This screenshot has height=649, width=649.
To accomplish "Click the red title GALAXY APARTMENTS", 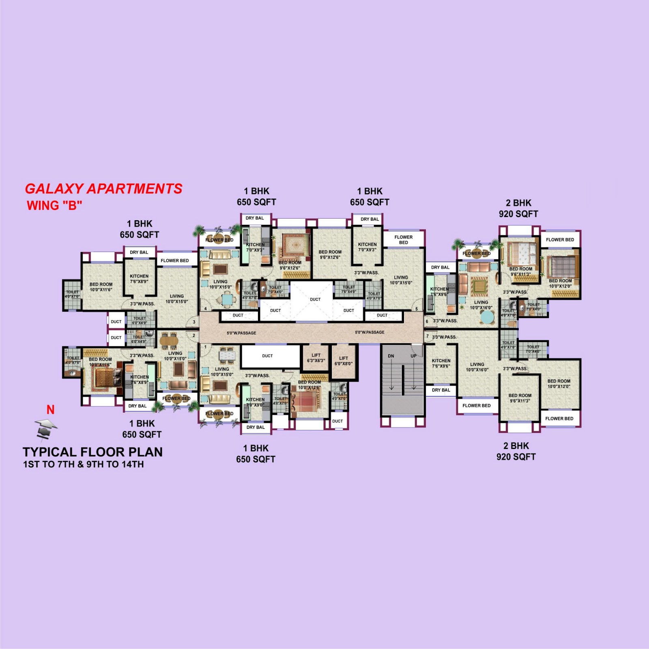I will pyautogui.click(x=103, y=189).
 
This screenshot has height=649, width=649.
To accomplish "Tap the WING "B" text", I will pyautogui.click(x=54, y=206).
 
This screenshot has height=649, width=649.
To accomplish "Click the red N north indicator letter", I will pyautogui.click(x=50, y=410).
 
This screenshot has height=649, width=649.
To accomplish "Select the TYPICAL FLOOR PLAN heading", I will pyautogui.click(x=92, y=452).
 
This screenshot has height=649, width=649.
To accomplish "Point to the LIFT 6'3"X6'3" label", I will pyautogui.click(x=316, y=358).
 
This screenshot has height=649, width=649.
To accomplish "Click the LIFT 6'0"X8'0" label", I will pyautogui.click(x=344, y=361).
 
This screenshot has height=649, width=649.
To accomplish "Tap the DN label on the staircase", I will pyautogui.click(x=391, y=356).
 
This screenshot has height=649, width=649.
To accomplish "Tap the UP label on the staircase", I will pyautogui.click(x=413, y=356).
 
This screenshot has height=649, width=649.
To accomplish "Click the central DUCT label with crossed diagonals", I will pyautogui.click(x=315, y=299).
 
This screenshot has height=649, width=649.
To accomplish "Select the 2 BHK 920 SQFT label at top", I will pyautogui.click(x=518, y=208).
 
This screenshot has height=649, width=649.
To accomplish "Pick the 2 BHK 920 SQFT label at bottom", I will pyautogui.click(x=516, y=451).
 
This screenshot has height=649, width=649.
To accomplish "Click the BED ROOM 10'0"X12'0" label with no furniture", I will pyautogui.click(x=559, y=384).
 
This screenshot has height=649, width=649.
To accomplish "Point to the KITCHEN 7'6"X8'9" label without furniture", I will pyautogui.click(x=139, y=278).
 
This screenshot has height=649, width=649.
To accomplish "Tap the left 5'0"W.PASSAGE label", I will pyautogui.click(x=241, y=333).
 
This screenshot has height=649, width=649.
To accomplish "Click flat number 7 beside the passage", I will pyautogui.click(x=427, y=336).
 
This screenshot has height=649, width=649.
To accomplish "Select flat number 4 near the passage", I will pyautogui.click(x=206, y=309).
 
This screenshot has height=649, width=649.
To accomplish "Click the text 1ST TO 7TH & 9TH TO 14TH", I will pyautogui.click(x=83, y=464).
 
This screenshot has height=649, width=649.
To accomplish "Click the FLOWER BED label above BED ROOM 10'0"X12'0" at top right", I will pyautogui.click(x=560, y=240).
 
